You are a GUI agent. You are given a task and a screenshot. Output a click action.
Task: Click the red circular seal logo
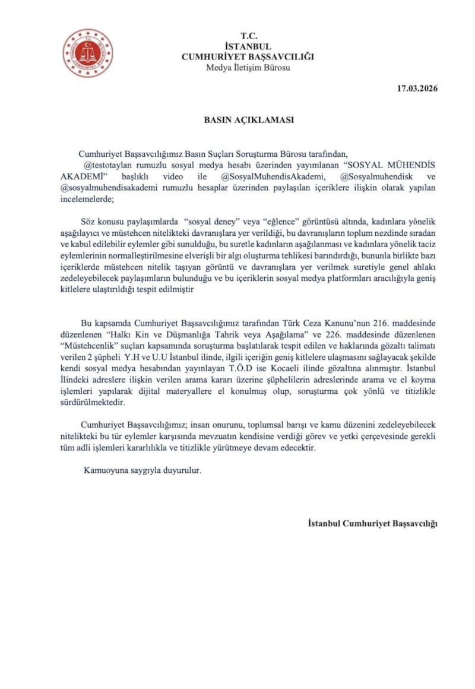(88, 53)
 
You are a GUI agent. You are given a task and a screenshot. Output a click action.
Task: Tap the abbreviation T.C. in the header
(248, 36)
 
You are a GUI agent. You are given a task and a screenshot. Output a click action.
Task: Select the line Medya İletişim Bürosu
(248, 67)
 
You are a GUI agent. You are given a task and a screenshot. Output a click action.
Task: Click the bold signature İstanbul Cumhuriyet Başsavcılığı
(373, 523)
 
